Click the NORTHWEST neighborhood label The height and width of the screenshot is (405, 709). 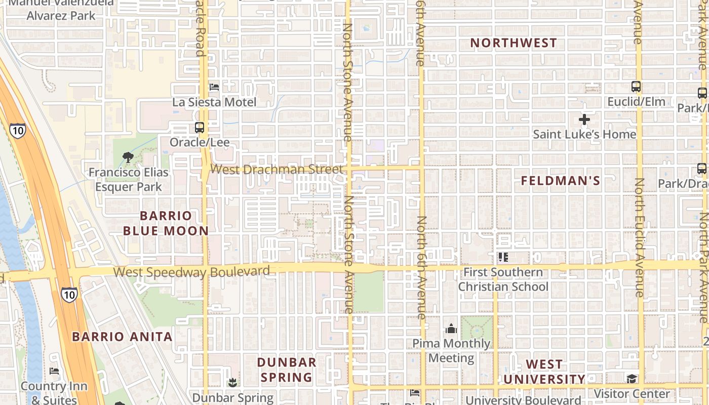514,43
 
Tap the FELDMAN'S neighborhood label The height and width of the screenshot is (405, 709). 561,181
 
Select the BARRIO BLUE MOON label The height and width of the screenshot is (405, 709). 166,223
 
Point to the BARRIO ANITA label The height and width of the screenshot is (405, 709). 122,337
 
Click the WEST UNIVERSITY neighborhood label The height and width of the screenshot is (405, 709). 544,372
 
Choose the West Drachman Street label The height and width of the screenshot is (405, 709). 277,169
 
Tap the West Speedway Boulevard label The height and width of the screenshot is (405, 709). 191,272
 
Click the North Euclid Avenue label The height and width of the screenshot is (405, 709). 639,238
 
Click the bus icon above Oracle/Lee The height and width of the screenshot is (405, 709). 200,128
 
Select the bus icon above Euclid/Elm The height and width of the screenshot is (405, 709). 636,87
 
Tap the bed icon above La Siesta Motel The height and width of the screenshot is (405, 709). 214,87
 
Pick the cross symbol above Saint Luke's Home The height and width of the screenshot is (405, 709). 584,120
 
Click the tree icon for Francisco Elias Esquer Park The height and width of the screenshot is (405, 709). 128,157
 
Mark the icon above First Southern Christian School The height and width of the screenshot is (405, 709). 503,257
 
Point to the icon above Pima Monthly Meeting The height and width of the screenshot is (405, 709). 451,329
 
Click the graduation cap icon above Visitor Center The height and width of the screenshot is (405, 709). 632,379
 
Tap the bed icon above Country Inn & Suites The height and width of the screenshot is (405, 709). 54,371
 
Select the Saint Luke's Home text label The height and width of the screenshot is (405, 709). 584,134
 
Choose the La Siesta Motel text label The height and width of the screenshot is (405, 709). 214,102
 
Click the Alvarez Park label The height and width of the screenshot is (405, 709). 61,15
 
